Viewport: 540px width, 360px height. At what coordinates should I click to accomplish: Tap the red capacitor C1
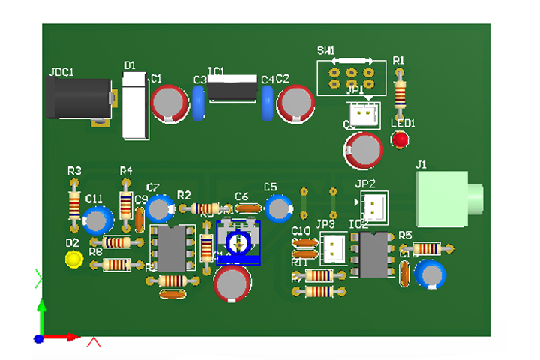(x=170, y=103)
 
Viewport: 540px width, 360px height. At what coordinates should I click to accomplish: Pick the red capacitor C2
(x=297, y=103)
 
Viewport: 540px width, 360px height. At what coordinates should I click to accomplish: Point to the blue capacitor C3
(x=199, y=103)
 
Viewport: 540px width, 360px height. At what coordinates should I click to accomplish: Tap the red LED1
(x=400, y=139)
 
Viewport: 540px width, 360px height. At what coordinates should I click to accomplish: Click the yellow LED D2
(x=73, y=259)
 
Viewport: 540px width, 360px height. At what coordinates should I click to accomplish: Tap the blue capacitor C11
(x=97, y=220)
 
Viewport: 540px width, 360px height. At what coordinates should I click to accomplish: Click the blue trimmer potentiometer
(x=238, y=243)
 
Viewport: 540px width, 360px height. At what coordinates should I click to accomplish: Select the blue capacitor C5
(x=279, y=207)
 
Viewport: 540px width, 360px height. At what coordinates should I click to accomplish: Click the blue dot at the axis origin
(x=38, y=339)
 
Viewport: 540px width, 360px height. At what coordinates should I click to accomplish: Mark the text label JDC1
(x=61, y=72)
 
